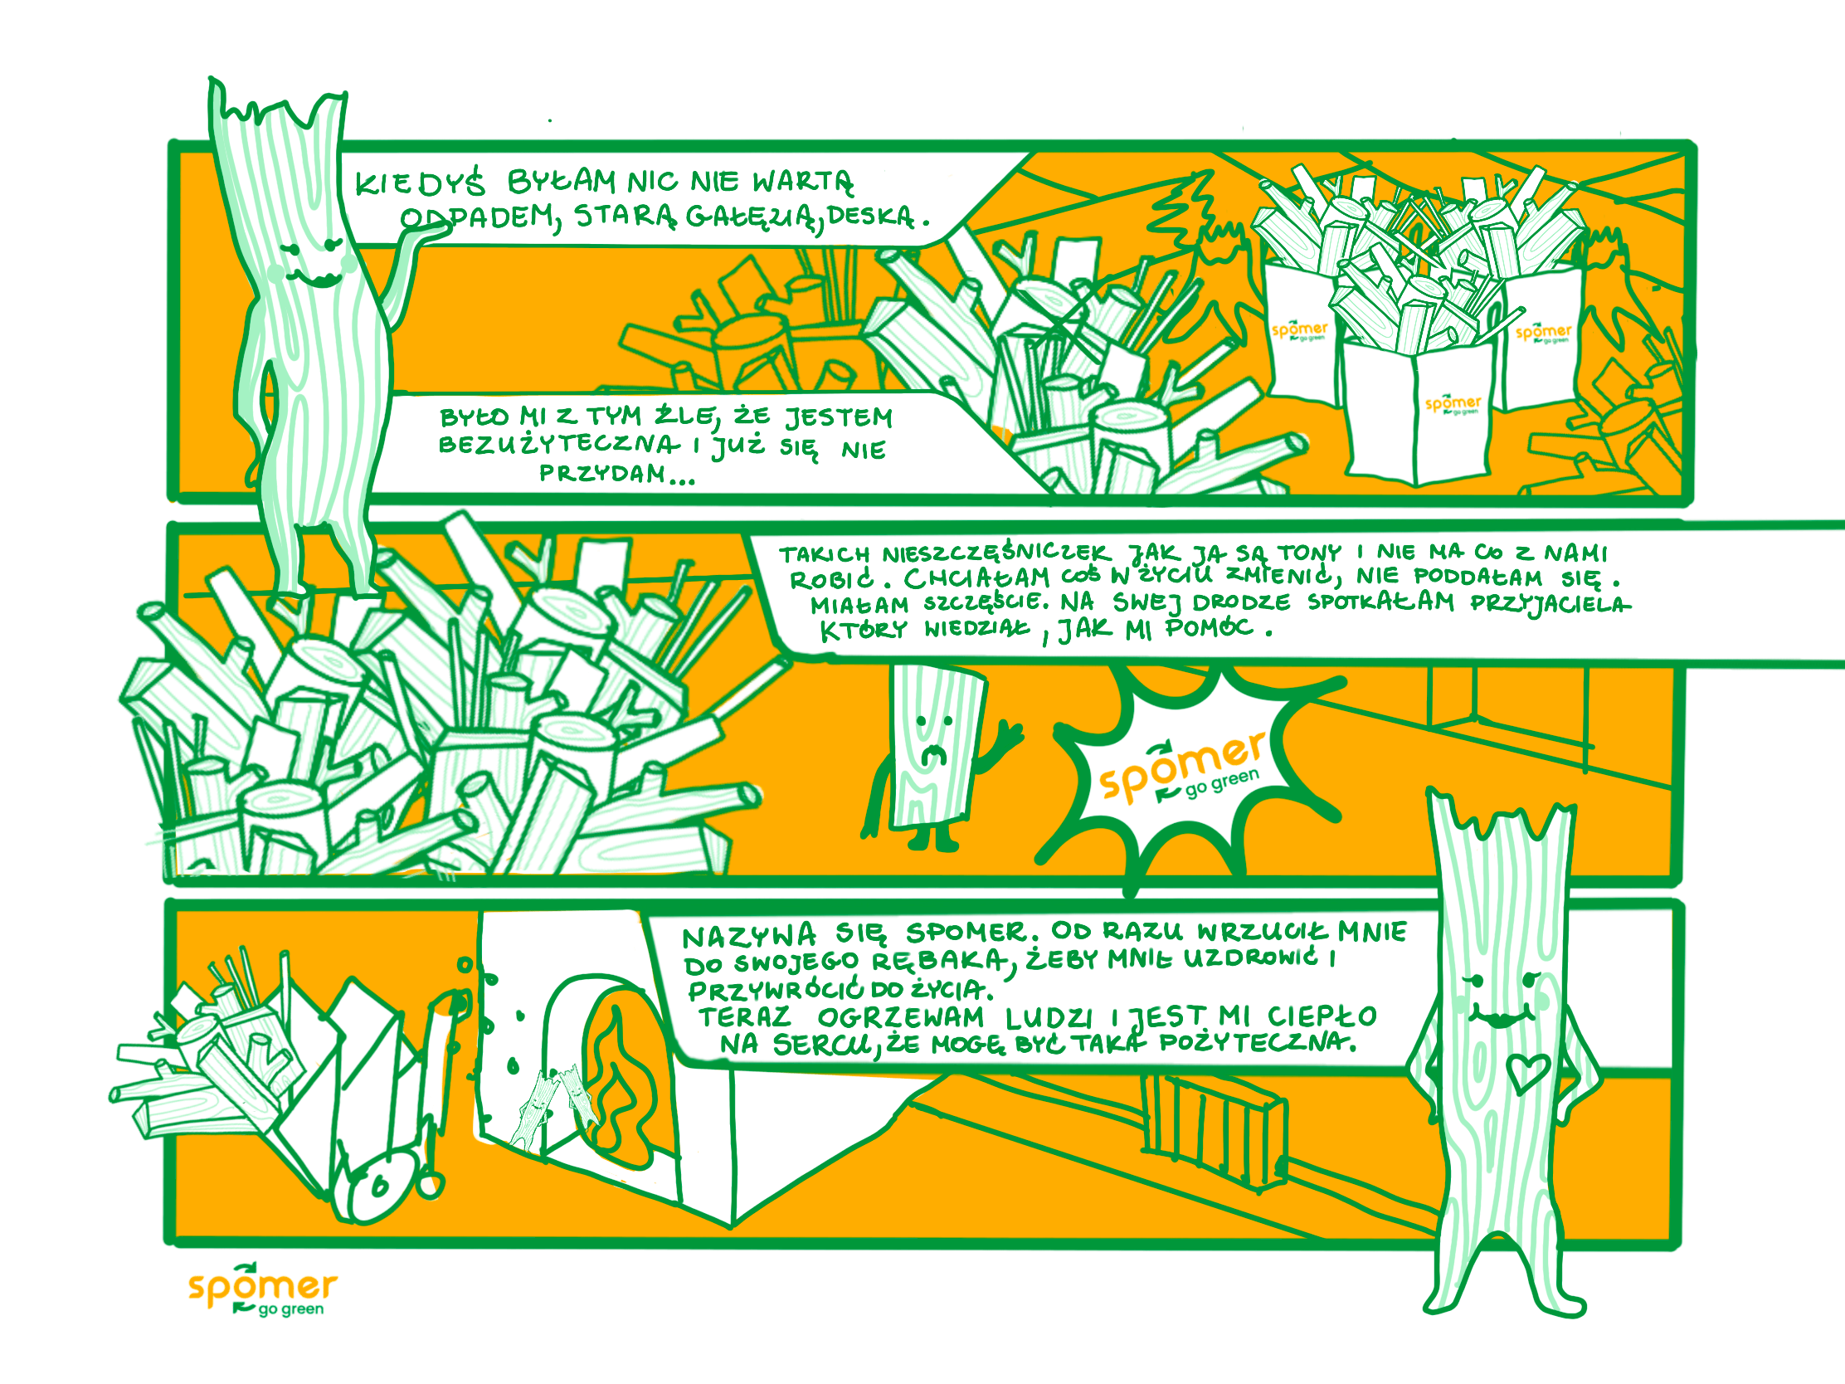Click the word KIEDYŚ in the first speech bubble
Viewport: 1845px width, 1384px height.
coord(420,183)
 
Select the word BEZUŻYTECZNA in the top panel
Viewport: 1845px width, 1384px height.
coord(560,444)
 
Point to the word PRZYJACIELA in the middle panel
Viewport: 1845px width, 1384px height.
coord(1550,603)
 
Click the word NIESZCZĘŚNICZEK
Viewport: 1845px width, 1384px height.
coord(996,553)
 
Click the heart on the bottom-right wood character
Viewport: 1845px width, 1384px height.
coord(1528,1072)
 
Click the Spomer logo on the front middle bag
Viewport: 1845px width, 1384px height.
coord(1453,405)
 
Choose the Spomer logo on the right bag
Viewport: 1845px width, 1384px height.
coord(1543,333)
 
